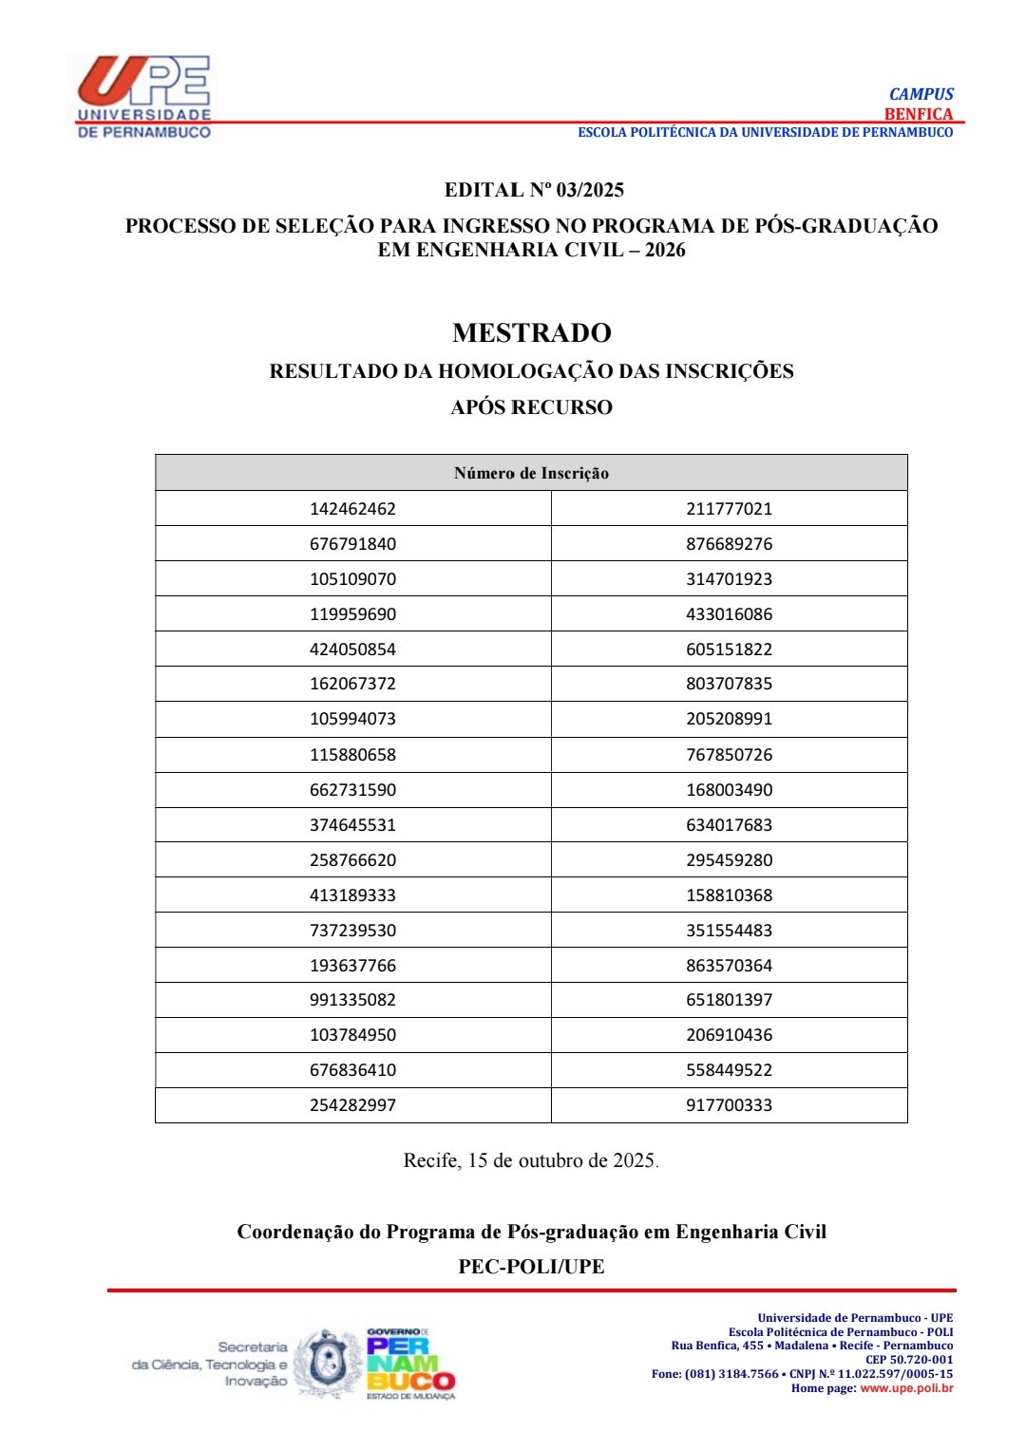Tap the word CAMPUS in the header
click(x=921, y=94)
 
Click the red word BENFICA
click(x=918, y=114)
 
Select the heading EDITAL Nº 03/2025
click(x=534, y=190)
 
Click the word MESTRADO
click(x=531, y=332)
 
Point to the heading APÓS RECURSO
click(x=531, y=407)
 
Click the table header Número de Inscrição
click(x=531, y=473)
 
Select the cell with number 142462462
click(x=352, y=509)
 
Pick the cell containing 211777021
click(x=729, y=509)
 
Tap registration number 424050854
click(x=352, y=650)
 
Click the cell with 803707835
click(x=729, y=684)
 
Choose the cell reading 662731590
click(x=352, y=790)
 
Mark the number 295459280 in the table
click(x=729, y=860)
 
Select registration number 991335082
click(x=352, y=1000)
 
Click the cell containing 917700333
click(x=729, y=1105)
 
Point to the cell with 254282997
click(x=352, y=1105)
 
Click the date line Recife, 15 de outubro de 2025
click(x=530, y=1160)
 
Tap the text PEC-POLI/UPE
click(x=531, y=1267)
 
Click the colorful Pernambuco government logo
click(x=410, y=1365)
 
